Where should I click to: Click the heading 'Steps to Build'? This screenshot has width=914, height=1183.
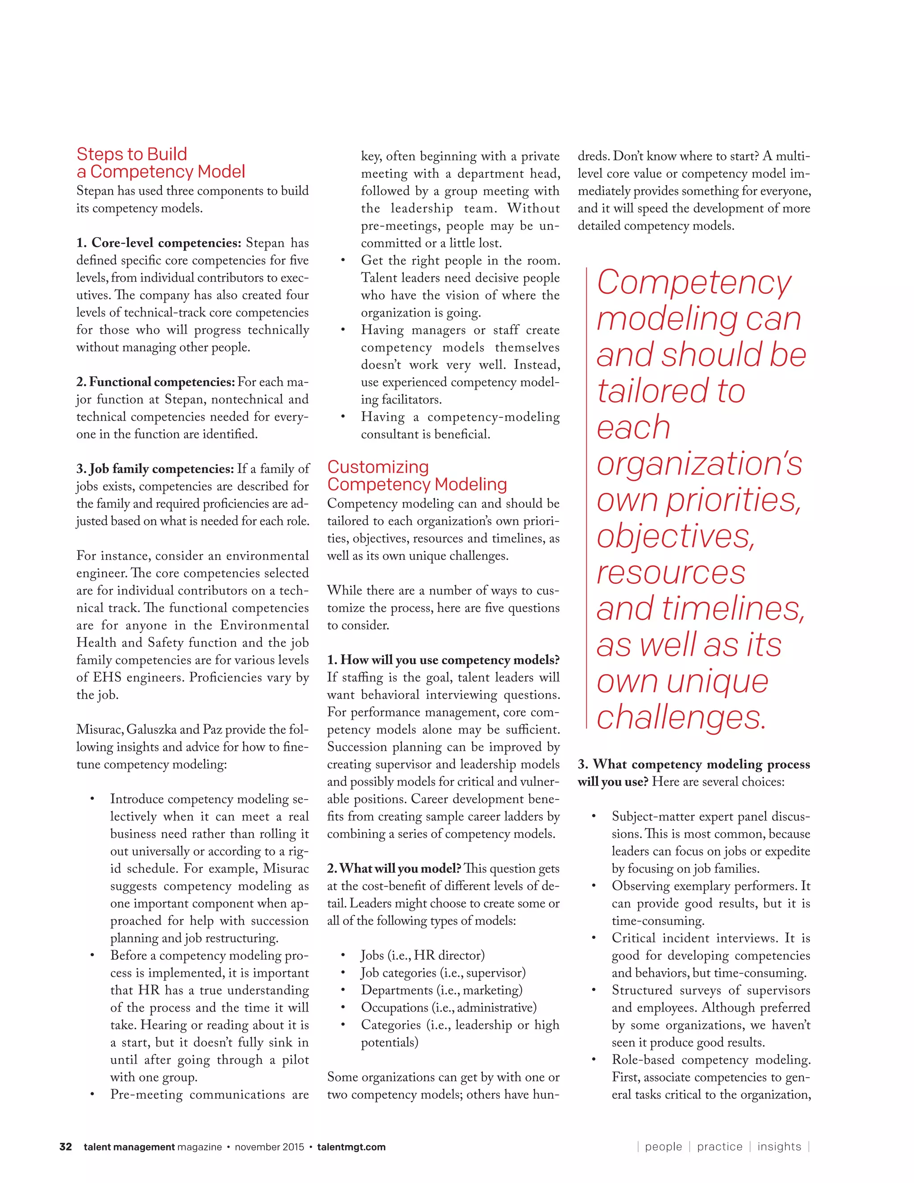coord(132,154)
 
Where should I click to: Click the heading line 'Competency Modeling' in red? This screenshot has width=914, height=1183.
coord(417,484)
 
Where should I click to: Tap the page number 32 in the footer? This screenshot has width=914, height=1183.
coord(66,1147)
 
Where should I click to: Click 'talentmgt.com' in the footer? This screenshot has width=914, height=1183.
coord(351,1147)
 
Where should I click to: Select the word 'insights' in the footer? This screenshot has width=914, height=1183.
coord(779,1147)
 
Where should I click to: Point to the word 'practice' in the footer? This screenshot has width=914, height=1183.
coord(719,1147)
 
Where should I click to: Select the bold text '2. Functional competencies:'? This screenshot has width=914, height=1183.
coord(155,382)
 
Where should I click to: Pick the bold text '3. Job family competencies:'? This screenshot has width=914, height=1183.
coord(155,469)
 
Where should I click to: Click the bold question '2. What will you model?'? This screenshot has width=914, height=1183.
coord(394,869)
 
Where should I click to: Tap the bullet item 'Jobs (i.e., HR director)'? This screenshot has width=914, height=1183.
coord(422,955)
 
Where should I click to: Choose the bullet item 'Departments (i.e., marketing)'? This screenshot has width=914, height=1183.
coord(441,990)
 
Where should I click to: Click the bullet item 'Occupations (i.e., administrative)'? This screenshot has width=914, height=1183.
coord(449,1008)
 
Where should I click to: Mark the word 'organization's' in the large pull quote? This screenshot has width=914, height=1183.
coord(699,464)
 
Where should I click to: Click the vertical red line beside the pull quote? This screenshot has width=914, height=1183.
coord(587,498)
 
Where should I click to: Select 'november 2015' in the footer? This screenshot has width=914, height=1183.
coord(270,1147)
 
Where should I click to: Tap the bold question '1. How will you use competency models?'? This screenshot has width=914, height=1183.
coord(443,660)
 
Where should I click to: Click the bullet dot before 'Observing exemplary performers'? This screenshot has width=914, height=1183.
coord(594,887)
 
